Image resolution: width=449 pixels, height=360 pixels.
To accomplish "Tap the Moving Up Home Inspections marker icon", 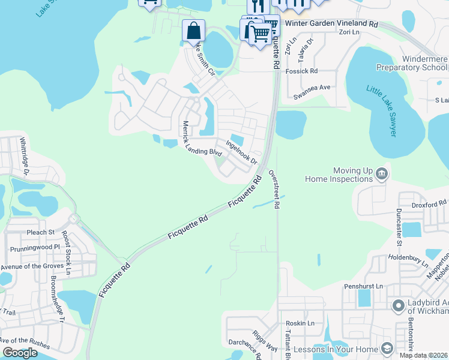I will [x=381, y=175].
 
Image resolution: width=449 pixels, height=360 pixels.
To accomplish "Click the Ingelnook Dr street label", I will [x=241, y=152].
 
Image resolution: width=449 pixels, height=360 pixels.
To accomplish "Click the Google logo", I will [x=20, y=353].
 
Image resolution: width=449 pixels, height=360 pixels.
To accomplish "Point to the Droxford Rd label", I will [x=429, y=204].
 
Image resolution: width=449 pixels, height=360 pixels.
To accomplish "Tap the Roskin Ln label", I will [x=300, y=323].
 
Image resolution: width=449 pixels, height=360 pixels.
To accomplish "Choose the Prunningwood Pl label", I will [x=35, y=247].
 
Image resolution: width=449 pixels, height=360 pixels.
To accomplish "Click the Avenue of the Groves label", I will [x=35, y=266].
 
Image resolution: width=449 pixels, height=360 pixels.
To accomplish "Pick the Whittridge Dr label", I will [x=23, y=155].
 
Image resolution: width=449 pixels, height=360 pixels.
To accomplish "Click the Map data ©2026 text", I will [x=423, y=355].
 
